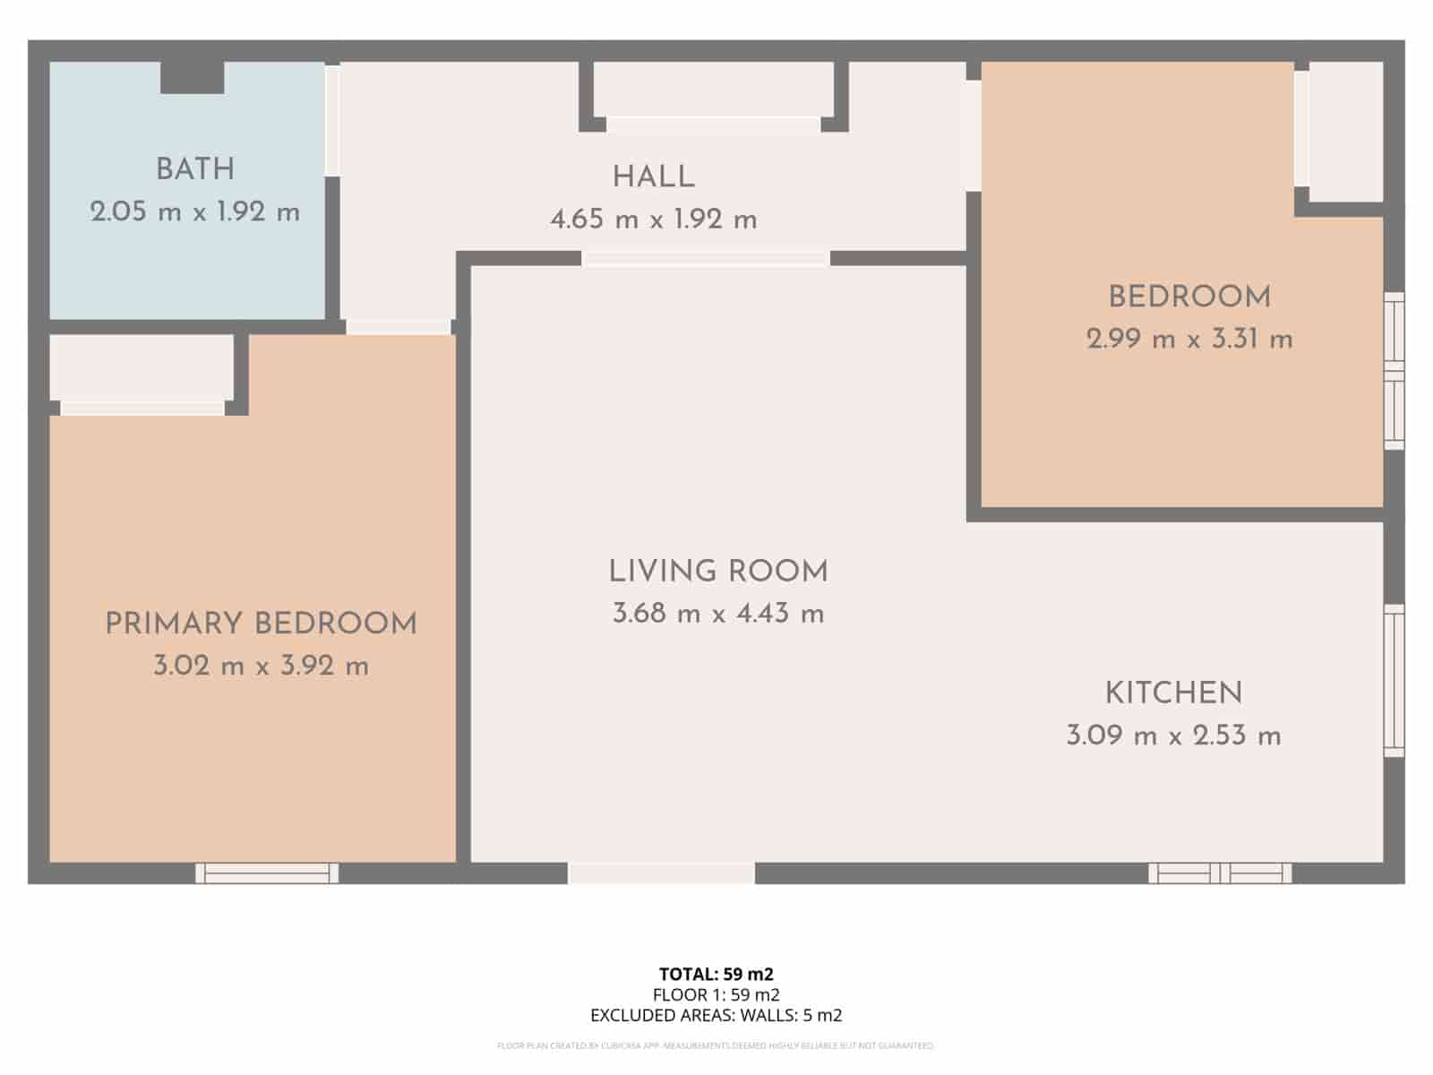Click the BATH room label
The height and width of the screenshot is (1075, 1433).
[195, 169]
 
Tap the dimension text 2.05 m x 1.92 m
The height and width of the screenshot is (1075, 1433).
[195, 212]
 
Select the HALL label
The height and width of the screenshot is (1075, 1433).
[654, 177]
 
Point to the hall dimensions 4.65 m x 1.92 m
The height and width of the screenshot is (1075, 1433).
[654, 219]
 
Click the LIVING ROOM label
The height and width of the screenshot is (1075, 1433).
[718, 572]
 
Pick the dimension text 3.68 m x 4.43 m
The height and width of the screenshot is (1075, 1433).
[718, 614]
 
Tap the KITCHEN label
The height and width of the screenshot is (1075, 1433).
[1173, 693]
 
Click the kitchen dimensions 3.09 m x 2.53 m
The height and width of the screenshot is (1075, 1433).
[1173, 736]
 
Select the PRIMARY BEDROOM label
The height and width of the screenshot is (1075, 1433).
[261, 624]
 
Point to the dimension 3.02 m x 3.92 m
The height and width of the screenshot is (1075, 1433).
[261, 666]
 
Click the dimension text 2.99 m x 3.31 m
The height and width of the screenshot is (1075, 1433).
[1189, 340]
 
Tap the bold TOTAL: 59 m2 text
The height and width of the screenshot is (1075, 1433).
[716, 974]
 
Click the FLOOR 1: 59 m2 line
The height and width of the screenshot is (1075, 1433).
[716, 994]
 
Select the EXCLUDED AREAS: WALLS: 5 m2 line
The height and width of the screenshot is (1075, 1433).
[716, 1015]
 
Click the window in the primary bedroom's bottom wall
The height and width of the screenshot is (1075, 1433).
[267, 873]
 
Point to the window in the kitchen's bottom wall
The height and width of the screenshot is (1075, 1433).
[1220, 873]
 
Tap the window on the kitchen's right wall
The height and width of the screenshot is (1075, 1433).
[1394, 680]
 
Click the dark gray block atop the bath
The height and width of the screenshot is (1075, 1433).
[192, 78]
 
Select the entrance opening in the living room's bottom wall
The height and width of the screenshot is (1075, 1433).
[661, 873]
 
